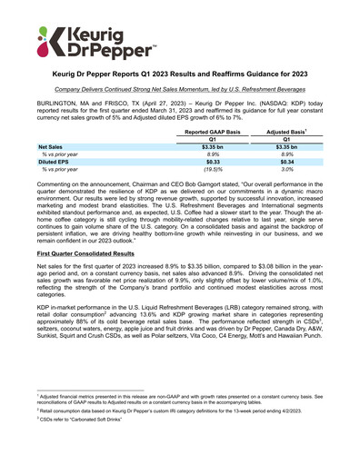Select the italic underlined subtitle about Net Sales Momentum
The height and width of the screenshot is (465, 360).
(x=180, y=91)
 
